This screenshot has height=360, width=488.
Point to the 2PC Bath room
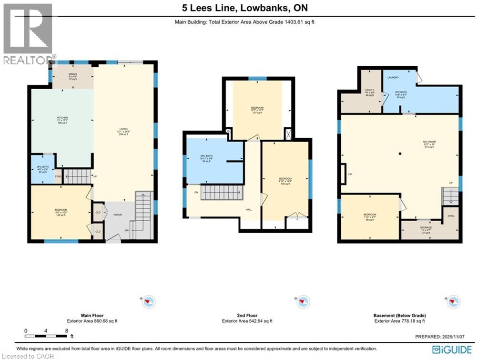pos(42,169)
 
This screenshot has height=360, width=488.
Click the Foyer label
pos(118,215)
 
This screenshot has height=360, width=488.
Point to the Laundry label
pos(393,77)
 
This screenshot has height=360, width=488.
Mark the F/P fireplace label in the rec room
pos(349,174)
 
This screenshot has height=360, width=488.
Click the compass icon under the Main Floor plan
pos(149,301)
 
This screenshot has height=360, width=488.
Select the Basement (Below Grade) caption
pos(400,316)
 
